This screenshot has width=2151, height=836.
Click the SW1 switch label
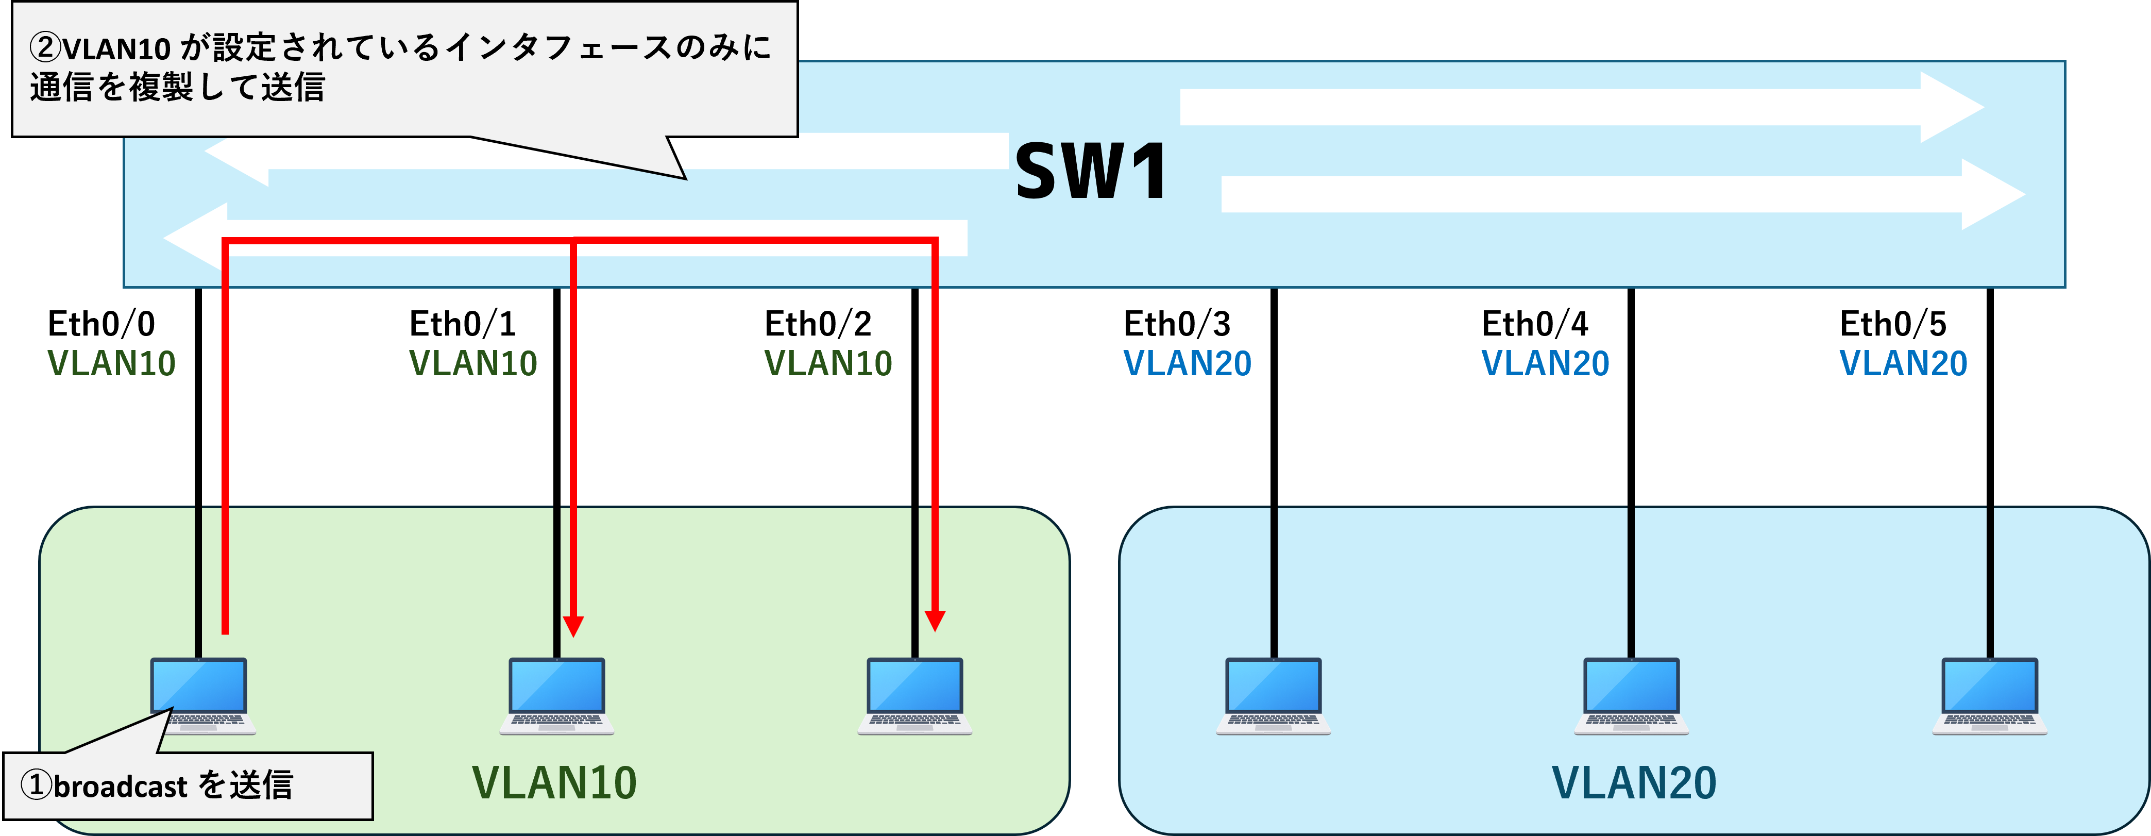point(1091,171)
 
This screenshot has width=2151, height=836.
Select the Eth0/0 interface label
point(101,324)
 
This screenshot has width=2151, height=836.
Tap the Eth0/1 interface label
point(463,324)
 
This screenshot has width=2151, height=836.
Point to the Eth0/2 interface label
point(818,324)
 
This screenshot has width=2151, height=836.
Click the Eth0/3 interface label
point(1177,324)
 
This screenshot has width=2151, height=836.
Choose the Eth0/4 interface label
point(1535,324)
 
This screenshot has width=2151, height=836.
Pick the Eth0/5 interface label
point(1893,324)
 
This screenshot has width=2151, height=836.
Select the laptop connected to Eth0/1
point(557,696)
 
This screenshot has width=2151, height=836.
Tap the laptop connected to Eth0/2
point(915,696)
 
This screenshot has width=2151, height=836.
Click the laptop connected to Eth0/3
point(1274,696)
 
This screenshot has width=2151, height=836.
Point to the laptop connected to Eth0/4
point(1632,696)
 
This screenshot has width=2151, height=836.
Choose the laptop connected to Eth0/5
point(1990,696)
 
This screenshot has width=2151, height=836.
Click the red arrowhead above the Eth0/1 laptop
point(573,626)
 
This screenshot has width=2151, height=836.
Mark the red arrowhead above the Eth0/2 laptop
point(935,622)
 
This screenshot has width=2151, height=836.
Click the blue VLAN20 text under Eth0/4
point(1546,363)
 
